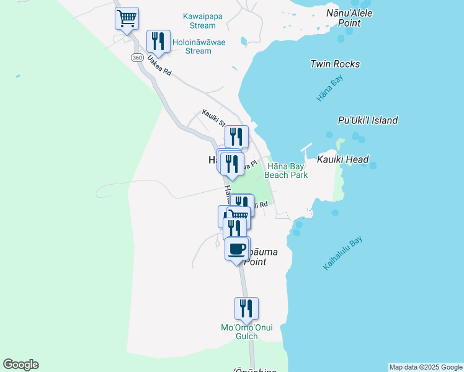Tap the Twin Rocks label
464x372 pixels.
334,64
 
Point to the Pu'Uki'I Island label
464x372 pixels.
368,120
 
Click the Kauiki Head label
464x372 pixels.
343,160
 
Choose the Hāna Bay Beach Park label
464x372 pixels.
287,170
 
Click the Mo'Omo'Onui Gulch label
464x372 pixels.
247,332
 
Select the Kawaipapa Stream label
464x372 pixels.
200,20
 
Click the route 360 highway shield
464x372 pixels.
137,58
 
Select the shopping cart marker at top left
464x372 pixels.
127,18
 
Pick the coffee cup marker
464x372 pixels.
236,249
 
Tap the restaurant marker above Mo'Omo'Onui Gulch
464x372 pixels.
246,308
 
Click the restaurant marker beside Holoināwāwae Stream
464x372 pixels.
158,41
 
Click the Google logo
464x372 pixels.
20,365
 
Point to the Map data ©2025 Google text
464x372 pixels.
426,367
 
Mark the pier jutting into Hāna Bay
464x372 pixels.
305,149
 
